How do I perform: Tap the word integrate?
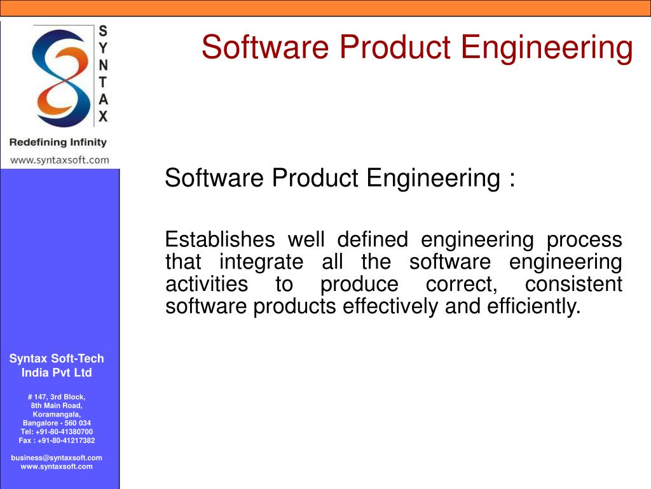coord(261,262)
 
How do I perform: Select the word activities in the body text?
coord(207,284)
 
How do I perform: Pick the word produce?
coord(359,284)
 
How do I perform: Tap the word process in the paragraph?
coord(584,240)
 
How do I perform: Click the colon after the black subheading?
coord(512,180)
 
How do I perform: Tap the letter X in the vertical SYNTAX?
coord(103,117)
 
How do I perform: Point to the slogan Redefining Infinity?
coord(58,142)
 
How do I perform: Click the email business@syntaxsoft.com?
coord(57,458)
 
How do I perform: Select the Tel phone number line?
coord(57,432)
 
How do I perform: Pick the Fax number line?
coord(57,440)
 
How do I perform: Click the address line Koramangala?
coord(57,414)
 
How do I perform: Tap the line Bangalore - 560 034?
coord(57,423)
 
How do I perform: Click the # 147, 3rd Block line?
coord(57,397)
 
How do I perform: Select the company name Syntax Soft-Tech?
coord(57,359)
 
